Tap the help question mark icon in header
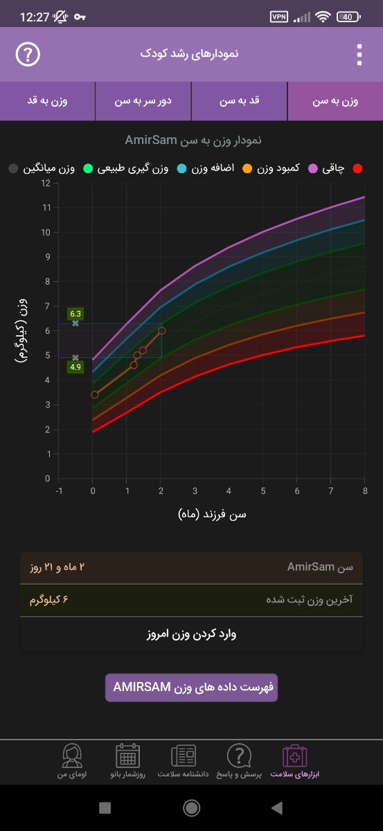point(28,54)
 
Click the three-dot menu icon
point(359,54)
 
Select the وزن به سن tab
point(335,101)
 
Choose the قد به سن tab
point(239,101)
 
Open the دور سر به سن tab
point(143,101)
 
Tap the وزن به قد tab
point(47,101)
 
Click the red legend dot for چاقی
point(358,168)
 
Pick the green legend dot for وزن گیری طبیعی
point(88,168)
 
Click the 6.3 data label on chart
point(75,313)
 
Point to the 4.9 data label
point(75,367)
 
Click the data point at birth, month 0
point(95,395)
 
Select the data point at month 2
point(162,330)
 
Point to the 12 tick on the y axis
point(46,183)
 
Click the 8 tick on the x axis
point(364,490)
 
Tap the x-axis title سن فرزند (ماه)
point(212,514)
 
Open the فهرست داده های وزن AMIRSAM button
point(191,688)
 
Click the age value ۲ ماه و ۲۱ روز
point(57,567)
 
